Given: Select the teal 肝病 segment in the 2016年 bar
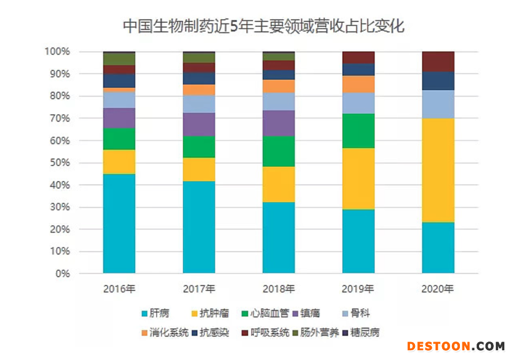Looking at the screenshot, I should tap(119, 223).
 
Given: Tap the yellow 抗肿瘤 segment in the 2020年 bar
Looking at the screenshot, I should tap(438, 170).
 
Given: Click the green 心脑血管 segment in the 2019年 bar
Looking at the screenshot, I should tap(358, 131).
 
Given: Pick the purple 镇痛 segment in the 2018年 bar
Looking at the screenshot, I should tap(279, 123).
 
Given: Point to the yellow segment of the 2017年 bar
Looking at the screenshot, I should tap(199, 170).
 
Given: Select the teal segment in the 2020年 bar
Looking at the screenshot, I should tap(438, 248).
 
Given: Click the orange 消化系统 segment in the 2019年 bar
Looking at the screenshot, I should tap(358, 84).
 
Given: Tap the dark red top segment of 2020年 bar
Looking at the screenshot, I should tap(438, 61).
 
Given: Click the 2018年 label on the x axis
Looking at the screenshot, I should tap(279, 288).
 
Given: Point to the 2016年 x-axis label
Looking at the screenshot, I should tap(119, 288).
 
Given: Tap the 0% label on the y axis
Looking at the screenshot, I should tap(62, 274).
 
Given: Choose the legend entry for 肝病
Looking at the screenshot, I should tap(158, 313).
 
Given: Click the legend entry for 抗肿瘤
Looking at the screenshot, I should tap(211, 313).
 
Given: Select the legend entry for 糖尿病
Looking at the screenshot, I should tap(361, 333).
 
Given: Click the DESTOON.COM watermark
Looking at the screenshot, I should tap(456, 346).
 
